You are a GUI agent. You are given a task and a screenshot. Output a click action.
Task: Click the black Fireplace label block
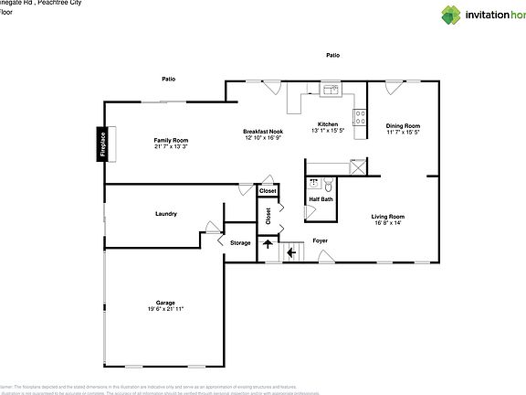102,144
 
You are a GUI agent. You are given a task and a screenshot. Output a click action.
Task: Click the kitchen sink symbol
330,90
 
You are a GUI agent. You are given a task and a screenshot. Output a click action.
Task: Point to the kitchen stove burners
360,118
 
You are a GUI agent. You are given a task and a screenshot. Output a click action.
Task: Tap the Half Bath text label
321,198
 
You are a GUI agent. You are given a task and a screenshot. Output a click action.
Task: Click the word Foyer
321,240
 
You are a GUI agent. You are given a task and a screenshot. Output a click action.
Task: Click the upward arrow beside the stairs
268,244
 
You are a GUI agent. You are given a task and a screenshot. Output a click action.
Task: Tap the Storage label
240,242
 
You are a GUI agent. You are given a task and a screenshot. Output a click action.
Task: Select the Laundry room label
165,214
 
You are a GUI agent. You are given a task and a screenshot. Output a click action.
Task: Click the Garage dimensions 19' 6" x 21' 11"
165,309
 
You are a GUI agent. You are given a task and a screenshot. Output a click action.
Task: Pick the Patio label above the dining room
333,56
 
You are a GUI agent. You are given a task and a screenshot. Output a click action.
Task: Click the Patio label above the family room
169,79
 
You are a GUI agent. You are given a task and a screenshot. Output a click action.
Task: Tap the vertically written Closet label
268,216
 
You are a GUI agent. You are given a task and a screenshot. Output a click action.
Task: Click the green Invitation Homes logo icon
452,15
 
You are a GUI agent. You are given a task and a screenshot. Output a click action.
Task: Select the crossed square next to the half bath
358,165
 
